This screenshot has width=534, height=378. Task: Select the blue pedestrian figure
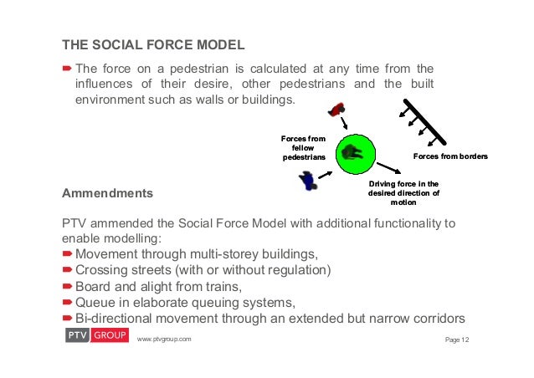[x=309, y=178]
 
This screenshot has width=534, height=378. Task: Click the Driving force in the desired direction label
[x=403, y=192]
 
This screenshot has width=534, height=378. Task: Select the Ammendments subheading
[x=108, y=193]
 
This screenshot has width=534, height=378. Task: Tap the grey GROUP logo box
[x=109, y=335]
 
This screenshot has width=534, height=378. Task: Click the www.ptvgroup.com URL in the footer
[x=164, y=339]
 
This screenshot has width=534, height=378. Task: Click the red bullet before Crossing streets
[x=69, y=270]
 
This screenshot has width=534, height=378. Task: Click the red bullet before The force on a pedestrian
[x=69, y=69]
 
